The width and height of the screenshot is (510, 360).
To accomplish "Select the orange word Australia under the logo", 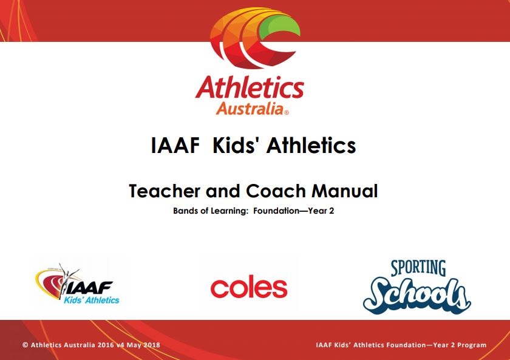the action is tap(250, 108).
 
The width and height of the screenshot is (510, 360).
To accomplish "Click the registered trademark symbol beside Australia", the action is tap(287, 113).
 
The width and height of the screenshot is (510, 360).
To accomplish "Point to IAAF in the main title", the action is tap(175, 145).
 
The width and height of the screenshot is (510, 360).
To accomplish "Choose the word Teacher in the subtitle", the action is tap(165, 191).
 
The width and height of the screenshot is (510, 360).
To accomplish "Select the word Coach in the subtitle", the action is tap(276, 191).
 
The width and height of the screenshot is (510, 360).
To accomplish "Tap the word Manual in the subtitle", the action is tap(345, 191).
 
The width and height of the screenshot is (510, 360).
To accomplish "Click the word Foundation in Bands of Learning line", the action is tap(276, 211).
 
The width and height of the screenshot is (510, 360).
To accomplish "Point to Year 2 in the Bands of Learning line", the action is tap(321, 211).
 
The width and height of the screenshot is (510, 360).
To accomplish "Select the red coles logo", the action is tap(249, 288).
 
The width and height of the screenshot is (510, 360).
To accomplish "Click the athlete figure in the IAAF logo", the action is tap(67, 280).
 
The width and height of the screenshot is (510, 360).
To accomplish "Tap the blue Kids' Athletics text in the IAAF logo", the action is tap(92, 300).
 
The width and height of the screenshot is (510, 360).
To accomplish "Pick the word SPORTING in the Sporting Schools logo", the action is tap(418, 268).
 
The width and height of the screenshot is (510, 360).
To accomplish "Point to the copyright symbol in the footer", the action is tap(25, 345).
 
